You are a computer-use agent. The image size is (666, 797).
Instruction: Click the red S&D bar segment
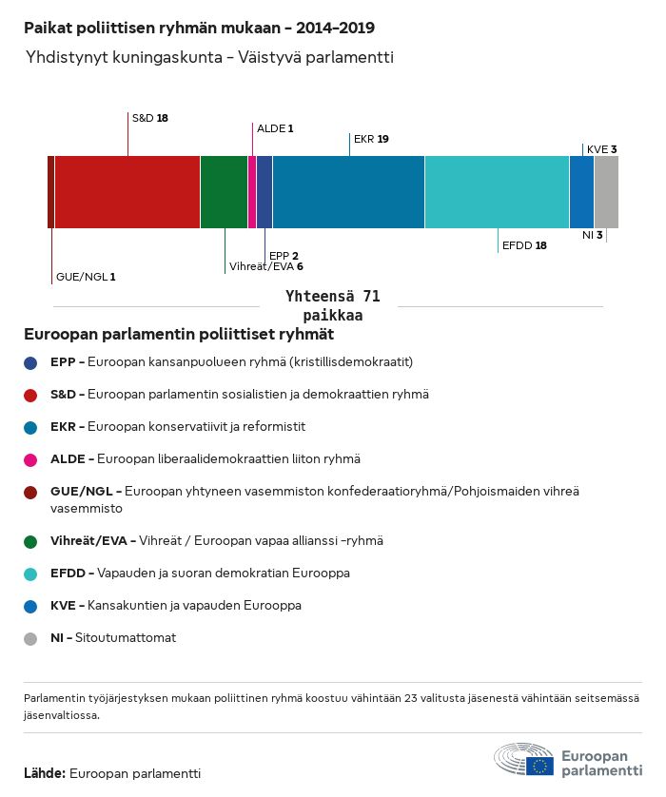point(127,192)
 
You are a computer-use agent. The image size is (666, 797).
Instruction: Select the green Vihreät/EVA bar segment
point(224,192)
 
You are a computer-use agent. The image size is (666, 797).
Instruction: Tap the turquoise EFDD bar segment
point(497,192)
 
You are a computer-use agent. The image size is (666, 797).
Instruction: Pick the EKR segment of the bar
point(348,192)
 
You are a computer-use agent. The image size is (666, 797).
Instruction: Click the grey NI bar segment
point(606,192)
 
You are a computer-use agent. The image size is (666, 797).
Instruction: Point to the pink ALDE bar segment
point(252,192)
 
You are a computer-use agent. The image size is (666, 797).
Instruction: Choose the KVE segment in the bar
point(581,192)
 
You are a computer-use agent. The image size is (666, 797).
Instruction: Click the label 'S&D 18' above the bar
point(149,118)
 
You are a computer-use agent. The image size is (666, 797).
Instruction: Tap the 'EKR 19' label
point(371,139)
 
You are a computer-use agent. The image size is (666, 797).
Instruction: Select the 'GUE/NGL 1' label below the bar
point(86,277)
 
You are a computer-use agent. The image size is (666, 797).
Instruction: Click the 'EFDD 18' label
point(524,245)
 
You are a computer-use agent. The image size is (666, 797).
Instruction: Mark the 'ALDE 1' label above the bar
point(275,127)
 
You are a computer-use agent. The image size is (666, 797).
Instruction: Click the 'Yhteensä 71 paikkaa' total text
point(333,306)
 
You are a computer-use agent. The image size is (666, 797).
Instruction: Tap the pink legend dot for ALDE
point(32,458)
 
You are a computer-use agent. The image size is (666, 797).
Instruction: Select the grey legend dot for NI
point(32,638)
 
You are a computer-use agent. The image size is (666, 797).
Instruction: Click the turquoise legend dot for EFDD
point(32,573)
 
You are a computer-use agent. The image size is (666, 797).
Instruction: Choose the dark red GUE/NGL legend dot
point(32,492)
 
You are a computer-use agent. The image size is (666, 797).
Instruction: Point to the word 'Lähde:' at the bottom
point(45,773)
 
